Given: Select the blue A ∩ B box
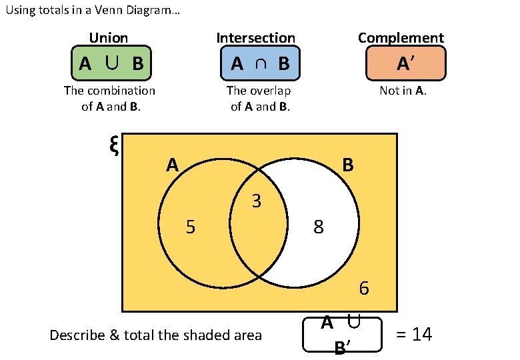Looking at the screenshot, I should pyautogui.click(x=259, y=64).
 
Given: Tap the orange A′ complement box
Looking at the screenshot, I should pyautogui.click(x=404, y=64).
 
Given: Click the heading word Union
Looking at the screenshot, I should pyautogui.click(x=108, y=38).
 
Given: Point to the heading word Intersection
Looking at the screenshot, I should pyautogui.click(x=255, y=38).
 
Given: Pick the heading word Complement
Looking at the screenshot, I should pyautogui.click(x=401, y=38).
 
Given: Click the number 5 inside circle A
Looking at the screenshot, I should pyautogui.click(x=191, y=228).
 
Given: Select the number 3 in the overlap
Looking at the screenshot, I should pyautogui.click(x=257, y=201).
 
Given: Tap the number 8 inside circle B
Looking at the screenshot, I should pyautogui.click(x=319, y=228).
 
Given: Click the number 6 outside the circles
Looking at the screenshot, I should pyautogui.click(x=364, y=289).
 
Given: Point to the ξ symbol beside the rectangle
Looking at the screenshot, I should pyautogui.click(x=113, y=145).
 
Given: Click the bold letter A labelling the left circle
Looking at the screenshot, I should pyautogui.click(x=173, y=165).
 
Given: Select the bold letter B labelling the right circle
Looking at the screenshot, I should pyautogui.click(x=347, y=165).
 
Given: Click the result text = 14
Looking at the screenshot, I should pyautogui.click(x=414, y=334).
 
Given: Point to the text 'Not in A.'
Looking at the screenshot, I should pyautogui.click(x=403, y=91).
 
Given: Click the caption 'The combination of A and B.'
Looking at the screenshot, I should pyautogui.click(x=109, y=98).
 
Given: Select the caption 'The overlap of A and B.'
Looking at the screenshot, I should pyautogui.click(x=259, y=98).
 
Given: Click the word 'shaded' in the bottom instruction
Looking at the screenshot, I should pyautogui.click(x=181, y=335).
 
